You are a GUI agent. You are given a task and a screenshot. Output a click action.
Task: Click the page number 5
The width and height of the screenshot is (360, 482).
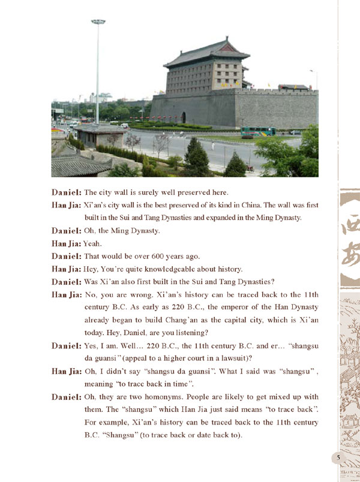pyautogui.click(x=339, y=458)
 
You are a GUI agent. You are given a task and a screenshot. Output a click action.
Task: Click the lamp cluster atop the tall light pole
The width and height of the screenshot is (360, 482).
pyautogui.click(x=98, y=22)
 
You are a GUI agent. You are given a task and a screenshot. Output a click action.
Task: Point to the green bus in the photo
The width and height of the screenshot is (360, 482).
pyautogui.click(x=258, y=131)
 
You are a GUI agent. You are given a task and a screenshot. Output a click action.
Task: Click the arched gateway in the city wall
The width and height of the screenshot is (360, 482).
pyautogui.click(x=183, y=117)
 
